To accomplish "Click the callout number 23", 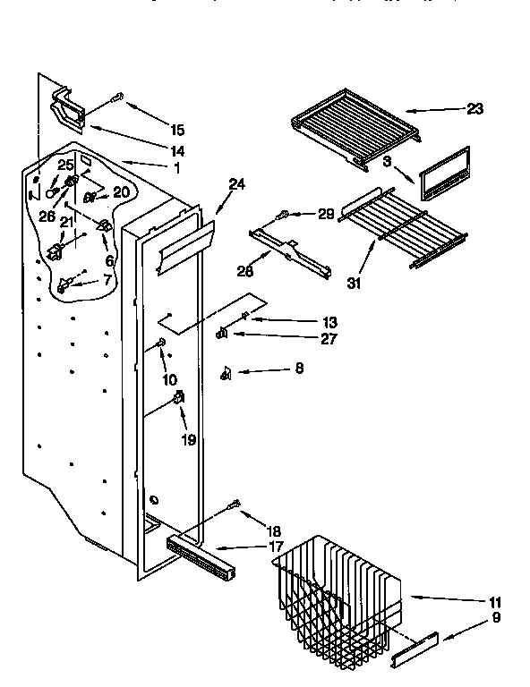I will coord(474,109).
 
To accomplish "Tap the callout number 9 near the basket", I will coord(495,617).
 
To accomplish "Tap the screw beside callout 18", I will coord(236,505).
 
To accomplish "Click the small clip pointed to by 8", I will coord(227,374).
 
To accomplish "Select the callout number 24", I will coord(236,185).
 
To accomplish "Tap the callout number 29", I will coord(326,214).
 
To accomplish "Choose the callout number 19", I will coord(188,440).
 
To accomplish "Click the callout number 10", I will coord(168,379).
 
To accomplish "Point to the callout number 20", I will coord(121,191).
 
